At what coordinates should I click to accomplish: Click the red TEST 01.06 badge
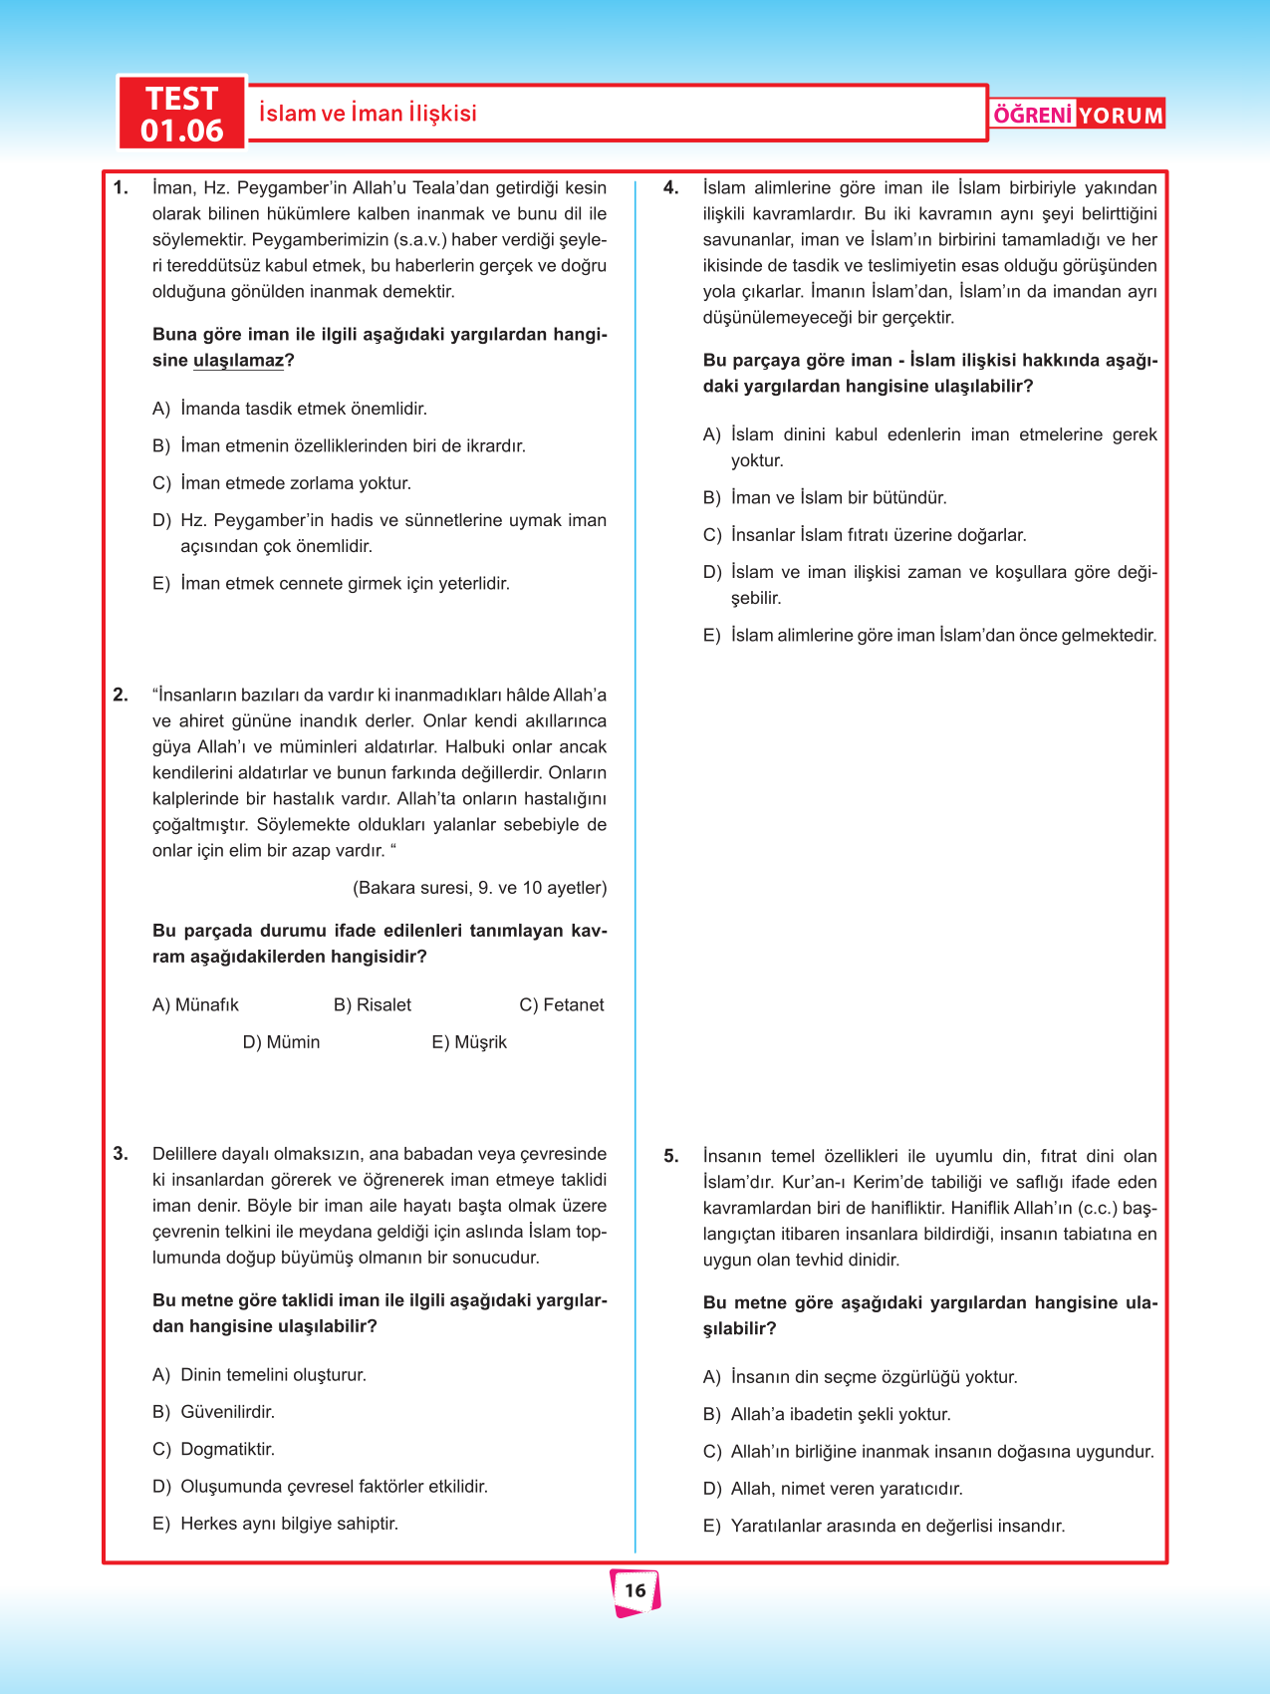coord(181,114)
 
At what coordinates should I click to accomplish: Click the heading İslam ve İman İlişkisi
coord(368,114)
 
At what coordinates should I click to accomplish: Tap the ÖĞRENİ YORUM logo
coord(1078,115)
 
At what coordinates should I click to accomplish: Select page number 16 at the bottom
coord(635,1590)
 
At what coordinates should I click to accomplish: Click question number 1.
coord(121,188)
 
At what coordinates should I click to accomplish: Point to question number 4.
coord(671,188)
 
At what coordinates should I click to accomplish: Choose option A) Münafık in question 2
coord(195,1004)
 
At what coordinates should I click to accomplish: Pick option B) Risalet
coord(373,1004)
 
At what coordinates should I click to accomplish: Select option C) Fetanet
coord(562,1004)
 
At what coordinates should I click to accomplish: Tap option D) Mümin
coord(281,1042)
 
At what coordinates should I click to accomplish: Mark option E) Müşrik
coord(469,1042)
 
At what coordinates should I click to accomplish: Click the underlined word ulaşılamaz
coord(238,361)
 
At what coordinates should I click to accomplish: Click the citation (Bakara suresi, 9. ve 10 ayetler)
coord(479,888)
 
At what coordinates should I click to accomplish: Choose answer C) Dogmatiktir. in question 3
coord(213,1449)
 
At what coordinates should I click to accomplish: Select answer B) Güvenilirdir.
coord(213,1412)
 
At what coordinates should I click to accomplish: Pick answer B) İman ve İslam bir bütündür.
coord(825,498)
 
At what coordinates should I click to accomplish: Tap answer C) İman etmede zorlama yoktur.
coord(282,483)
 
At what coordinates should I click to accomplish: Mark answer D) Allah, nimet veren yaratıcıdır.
coord(833,1489)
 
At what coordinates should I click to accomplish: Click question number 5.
coord(671,1157)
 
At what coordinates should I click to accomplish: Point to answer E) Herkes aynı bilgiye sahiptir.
coord(275,1524)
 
